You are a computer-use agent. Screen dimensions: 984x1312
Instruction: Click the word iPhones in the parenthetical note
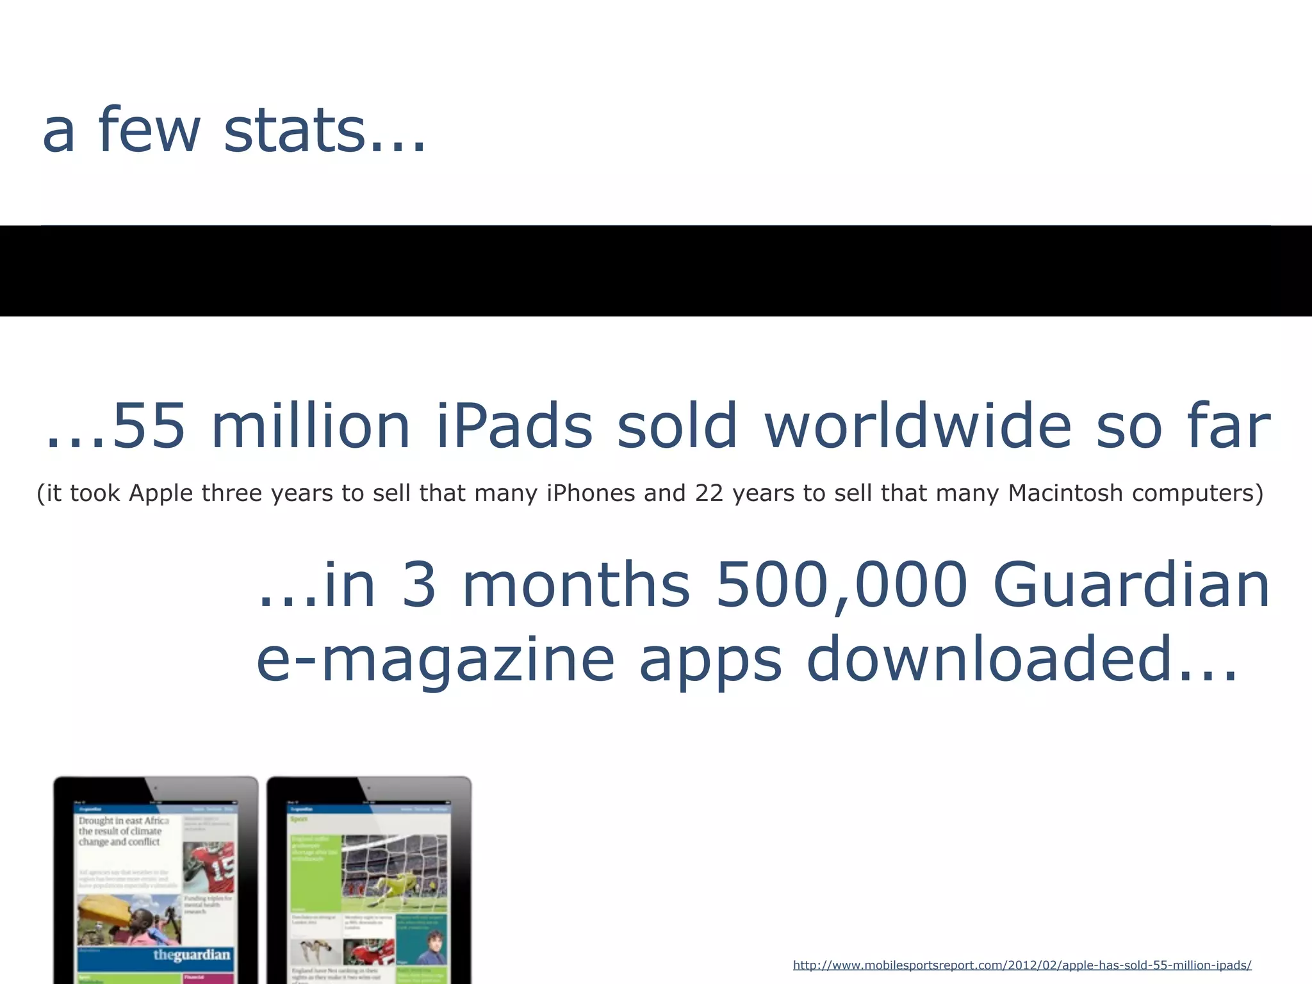pos(589,493)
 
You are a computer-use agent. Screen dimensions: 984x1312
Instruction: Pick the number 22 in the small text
pos(709,493)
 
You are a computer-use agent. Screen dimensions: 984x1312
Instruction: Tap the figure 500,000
pos(841,585)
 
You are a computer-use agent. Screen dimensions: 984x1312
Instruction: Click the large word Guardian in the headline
pos(1131,585)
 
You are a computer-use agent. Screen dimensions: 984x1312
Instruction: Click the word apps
pos(710,660)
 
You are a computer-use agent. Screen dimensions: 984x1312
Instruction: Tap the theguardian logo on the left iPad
pos(191,955)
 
